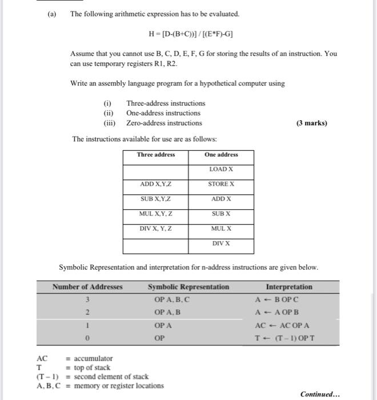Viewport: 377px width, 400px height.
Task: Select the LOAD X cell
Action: [221, 169]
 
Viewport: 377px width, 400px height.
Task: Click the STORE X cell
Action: [221, 184]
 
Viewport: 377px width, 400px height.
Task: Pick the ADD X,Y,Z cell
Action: [155, 184]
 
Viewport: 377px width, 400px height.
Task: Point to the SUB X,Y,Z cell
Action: [155, 199]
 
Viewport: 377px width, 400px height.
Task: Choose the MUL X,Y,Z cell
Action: [155, 214]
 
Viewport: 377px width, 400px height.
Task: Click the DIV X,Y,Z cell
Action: [155, 229]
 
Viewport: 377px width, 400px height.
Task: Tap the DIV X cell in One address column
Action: [221, 243]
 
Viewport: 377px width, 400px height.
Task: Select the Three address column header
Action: [155, 155]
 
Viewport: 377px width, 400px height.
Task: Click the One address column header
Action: [221, 155]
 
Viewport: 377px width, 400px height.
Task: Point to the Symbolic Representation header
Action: [188, 287]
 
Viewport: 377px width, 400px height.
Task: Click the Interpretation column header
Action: [289, 287]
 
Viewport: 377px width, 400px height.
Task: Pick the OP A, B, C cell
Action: [172, 299]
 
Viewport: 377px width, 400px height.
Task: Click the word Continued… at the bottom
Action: [320, 394]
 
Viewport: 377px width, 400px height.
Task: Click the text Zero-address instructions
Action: [164, 123]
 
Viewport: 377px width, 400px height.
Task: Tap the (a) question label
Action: [52, 13]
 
